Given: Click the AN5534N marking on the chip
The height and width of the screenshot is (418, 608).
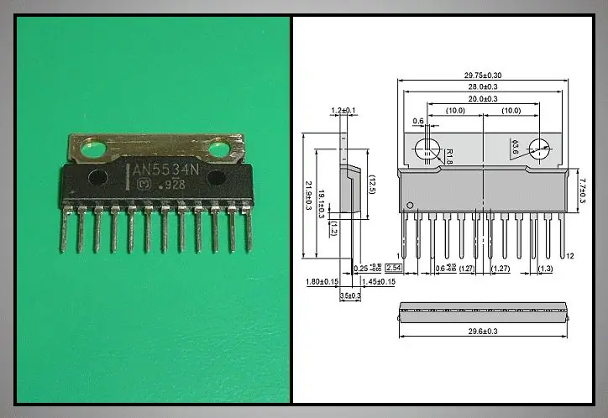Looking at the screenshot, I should coord(165,170).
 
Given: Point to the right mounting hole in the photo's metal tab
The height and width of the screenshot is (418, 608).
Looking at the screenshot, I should coord(220,150).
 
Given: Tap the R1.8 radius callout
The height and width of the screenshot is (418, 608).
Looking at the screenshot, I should coord(448,156).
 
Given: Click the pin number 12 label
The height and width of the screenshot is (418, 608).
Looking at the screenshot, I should coord(569,256).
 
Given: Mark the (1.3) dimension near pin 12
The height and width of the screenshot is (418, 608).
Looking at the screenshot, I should coord(545,269).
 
